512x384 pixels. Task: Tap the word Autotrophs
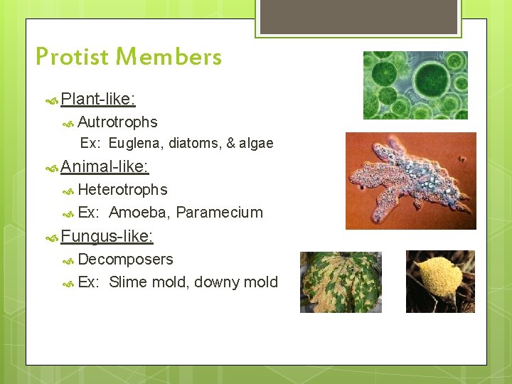pyautogui.click(x=117, y=122)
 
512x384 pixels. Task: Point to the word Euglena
pyautogui.click(x=134, y=144)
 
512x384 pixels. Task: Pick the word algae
pyautogui.click(x=256, y=144)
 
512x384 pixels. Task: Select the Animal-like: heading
pyautogui.click(x=105, y=167)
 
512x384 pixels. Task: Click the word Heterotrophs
pyautogui.click(x=122, y=190)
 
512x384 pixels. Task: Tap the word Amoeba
pyautogui.click(x=139, y=213)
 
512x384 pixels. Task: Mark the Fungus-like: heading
pyautogui.click(x=107, y=235)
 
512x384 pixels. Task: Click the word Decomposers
pyautogui.click(x=125, y=260)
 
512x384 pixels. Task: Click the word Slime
pyautogui.click(x=127, y=282)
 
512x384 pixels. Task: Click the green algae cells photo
pyautogui.click(x=415, y=85)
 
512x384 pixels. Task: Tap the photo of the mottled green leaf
pyautogui.click(x=341, y=282)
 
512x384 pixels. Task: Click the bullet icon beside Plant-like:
pyautogui.click(x=52, y=100)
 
